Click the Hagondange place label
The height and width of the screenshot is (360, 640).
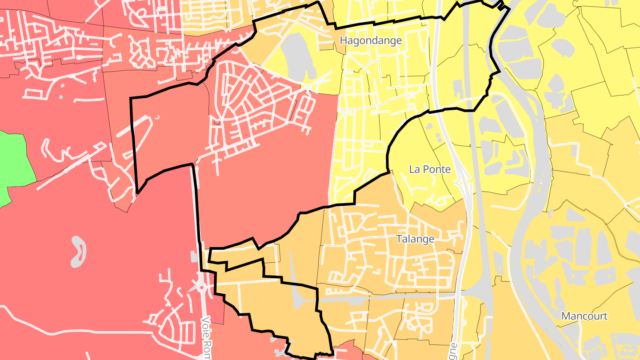tap(371, 40)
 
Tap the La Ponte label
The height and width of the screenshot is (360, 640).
tap(429, 169)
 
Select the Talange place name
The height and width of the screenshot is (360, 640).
tap(415, 239)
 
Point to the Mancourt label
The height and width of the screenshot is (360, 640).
tap(584, 316)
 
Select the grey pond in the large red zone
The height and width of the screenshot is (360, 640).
tap(79, 251)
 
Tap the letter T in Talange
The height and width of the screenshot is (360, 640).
tap(399, 239)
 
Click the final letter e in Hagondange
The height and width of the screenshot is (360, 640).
tap(399, 41)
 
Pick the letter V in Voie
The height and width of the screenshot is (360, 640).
tap(205, 320)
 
